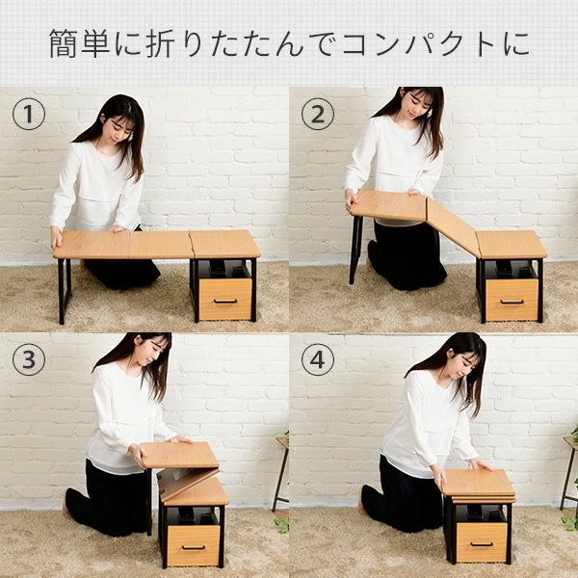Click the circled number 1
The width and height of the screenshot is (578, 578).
pos(29,116)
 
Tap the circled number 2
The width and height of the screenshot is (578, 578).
pos(318,116)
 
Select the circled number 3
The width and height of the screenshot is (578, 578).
pos(29,360)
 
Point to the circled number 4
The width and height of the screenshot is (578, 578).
pos(318,360)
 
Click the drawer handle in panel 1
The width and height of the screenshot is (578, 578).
pos(224,302)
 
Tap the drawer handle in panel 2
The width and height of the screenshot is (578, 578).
pos(512,302)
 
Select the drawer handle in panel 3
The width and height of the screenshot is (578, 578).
pos(193,547)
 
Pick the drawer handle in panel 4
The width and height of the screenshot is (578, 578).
pos(481,544)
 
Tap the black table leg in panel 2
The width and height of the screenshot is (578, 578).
pos(355,249)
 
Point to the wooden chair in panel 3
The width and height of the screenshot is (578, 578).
pos(281,472)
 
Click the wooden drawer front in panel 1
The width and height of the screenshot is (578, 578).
pos(224,299)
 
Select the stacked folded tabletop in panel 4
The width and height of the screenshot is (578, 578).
pos(478,486)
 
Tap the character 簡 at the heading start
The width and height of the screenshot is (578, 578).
pos(66,44)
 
